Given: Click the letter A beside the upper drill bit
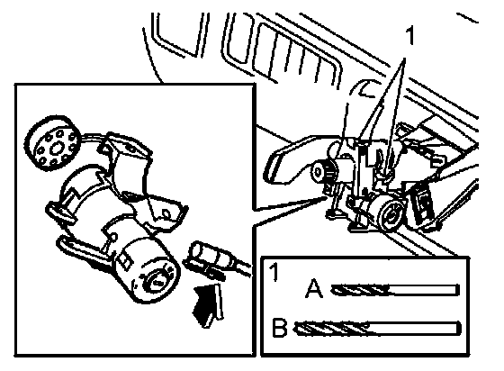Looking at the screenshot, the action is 314,288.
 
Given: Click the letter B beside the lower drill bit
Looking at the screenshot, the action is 279,327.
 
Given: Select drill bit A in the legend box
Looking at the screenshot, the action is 395,290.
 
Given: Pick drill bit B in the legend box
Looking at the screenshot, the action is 377,329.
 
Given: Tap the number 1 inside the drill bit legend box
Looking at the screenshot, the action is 274,272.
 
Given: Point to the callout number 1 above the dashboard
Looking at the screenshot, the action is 410,36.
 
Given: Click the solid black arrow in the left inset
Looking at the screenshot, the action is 207,304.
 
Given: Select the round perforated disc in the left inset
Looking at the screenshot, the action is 51,142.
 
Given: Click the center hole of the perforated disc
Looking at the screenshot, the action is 57,148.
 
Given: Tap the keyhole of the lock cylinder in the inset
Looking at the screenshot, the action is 157,281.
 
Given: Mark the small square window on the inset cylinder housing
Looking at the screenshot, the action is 125,261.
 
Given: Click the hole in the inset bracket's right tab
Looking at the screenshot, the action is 166,213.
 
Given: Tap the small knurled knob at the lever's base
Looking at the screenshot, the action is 323,171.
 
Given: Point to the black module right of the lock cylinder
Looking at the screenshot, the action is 422,204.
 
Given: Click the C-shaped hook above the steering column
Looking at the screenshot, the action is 365,88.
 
